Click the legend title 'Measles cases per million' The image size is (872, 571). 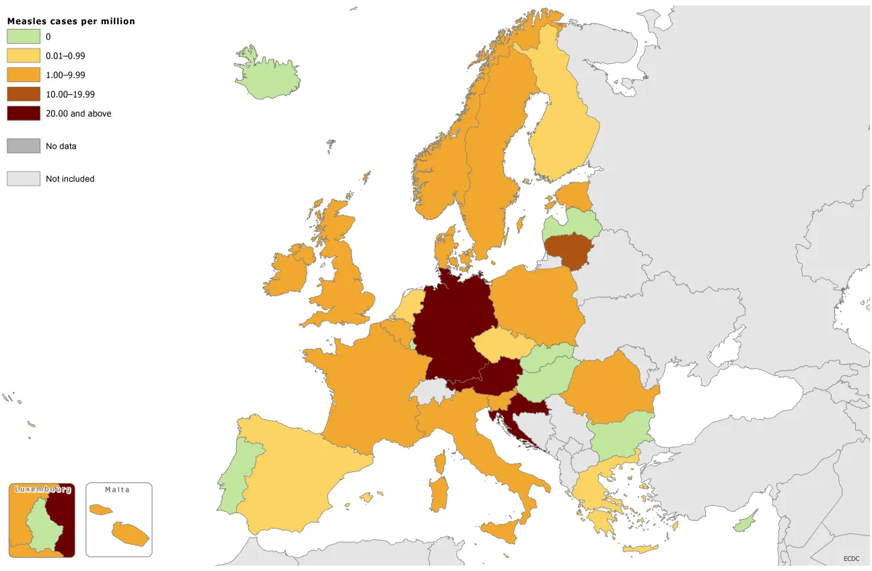(71, 22)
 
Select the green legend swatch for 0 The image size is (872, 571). (24, 37)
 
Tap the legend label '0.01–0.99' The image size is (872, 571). (65, 56)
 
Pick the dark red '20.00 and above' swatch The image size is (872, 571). (24, 114)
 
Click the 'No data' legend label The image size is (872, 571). (61, 146)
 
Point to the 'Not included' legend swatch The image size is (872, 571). (24, 179)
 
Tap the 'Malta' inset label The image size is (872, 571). (117, 490)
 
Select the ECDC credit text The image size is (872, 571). (852, 559)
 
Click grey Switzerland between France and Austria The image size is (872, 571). (431, 391)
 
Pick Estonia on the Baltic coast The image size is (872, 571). (574, 196)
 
